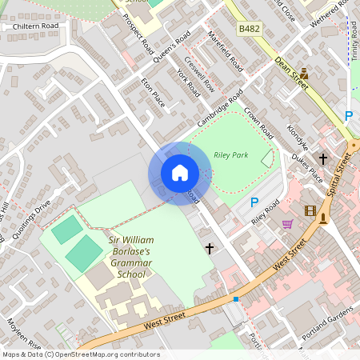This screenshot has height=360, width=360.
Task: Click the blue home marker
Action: (180, 173)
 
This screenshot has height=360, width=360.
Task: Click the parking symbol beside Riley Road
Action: (254, 203)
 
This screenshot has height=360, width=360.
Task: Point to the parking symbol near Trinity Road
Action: (349, 116)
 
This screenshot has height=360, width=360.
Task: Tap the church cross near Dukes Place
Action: (323, 158)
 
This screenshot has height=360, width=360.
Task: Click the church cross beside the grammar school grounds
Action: (210, 249)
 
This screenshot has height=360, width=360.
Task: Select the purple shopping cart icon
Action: (287, 224)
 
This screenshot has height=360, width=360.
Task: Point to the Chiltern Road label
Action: (30, 26)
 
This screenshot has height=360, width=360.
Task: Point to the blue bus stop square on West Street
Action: (236, 298)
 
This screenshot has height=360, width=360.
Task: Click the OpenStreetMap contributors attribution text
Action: (81, 354)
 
